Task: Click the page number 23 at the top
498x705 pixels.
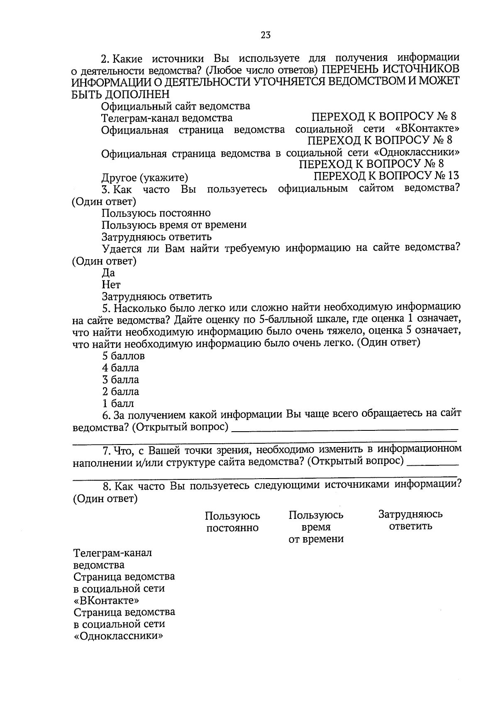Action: (266, 35)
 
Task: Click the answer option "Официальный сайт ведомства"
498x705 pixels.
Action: (176, 106)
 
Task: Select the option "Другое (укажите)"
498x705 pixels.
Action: (145, 178)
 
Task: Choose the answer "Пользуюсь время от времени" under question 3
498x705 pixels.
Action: (174, 225)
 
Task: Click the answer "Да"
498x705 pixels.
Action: (108, 273)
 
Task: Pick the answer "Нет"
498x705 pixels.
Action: (111, 285)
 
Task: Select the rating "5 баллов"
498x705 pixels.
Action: (123, 356)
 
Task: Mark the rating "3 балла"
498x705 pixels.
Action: (120, 380)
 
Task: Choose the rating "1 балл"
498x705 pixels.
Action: (118, 403)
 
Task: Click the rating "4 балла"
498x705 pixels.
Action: (120, 368)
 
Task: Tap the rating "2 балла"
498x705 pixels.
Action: (120, 391)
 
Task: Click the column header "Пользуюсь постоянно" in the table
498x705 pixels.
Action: (232, 522)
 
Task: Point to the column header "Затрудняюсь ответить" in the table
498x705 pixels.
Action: (410, 520)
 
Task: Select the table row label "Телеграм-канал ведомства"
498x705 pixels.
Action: (112, 559)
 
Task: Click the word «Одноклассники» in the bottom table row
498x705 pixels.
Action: (118, 636)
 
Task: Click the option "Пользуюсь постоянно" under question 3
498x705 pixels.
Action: (156, 213)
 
